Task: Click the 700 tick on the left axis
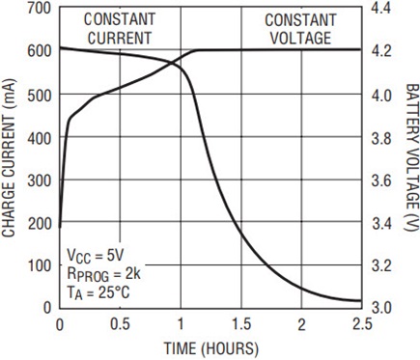(x=40, y=8)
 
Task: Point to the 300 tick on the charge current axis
(x=40, y=181)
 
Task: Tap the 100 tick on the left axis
(x=40, y=265)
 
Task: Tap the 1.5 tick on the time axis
(x=241, y=324)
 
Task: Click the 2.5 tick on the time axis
(x=361, y=324)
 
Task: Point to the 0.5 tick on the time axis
(x=120, y=324)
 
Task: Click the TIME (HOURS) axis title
(x=211, y=348)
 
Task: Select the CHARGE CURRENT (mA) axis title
(x=9, y=157)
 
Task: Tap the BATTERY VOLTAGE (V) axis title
(x=411, y=157)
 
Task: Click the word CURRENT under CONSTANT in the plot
(x=120, y=38)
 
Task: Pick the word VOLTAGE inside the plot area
(x=300, y=38)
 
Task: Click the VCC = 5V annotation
(x=96, y=256)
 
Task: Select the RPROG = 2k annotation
(x=104, y=275)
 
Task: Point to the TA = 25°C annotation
(x=98, y=293)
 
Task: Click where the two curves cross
(x=172, y=64)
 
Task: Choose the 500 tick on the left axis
(x=40, y=96)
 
